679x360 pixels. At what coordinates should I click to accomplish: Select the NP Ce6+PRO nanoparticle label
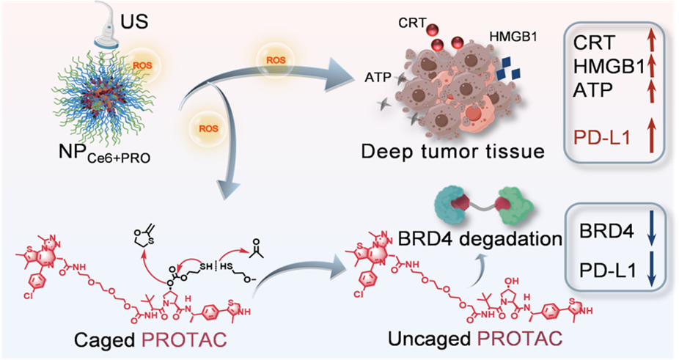104,154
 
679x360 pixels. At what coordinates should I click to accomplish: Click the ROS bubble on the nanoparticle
143,65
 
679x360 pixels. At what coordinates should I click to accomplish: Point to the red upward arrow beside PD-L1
651,136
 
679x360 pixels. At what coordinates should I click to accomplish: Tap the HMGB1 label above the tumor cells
513,37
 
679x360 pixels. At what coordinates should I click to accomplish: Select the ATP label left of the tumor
378,78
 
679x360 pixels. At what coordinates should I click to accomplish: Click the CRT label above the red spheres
412,23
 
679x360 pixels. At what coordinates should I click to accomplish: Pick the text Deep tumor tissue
452,152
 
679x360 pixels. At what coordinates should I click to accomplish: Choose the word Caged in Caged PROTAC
104,340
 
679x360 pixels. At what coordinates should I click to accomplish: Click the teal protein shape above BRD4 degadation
451,205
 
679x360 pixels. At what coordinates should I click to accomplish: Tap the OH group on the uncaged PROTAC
513,281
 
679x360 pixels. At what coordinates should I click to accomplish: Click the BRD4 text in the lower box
606,232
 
